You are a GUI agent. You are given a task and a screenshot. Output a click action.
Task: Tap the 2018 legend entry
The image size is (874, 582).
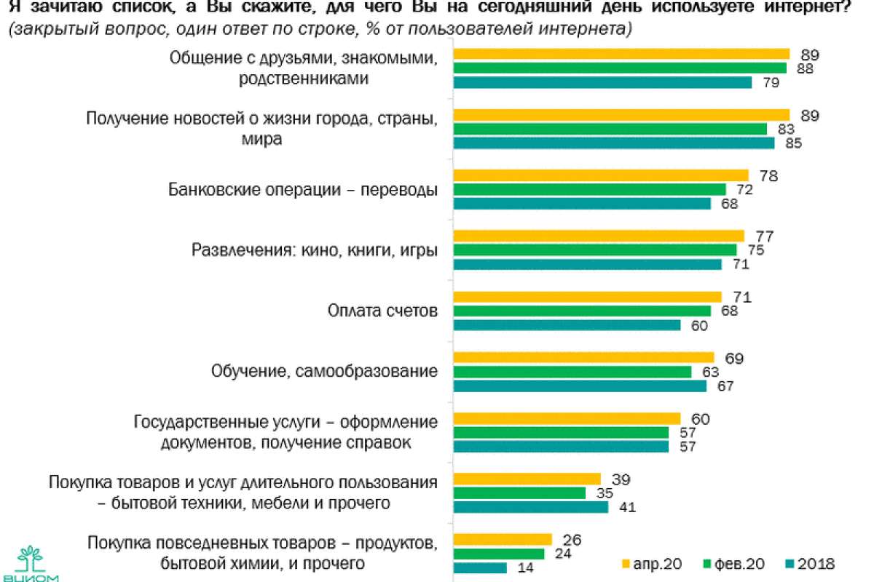(x=808, y=564)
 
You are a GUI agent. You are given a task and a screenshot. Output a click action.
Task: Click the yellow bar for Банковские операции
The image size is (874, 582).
(x=601, y=175)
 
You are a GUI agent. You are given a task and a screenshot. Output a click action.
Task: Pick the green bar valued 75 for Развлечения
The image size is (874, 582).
(x=595, y=250)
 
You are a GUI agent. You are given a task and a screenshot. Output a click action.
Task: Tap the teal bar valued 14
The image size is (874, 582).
(x=480, y=567)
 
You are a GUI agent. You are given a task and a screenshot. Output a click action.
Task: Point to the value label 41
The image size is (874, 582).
(x=626, y=507)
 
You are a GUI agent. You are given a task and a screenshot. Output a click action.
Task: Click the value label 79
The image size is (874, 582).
(x=771, y=83)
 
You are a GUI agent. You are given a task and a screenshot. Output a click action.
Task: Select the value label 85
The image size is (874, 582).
(x=793, y=143)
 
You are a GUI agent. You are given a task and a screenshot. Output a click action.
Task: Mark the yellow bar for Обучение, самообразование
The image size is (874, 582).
(x=583, y=357)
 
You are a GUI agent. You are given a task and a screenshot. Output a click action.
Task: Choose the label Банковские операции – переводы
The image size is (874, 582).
(x=302, y=190)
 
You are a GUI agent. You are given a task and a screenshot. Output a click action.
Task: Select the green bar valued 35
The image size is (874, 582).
(x=519, y=493)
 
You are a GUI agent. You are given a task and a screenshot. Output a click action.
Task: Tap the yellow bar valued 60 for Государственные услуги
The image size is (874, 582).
(x=567, y=418)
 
